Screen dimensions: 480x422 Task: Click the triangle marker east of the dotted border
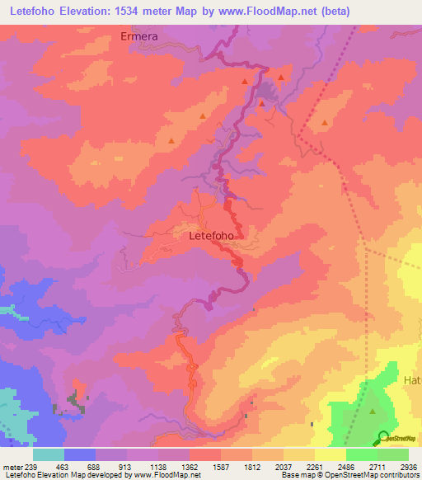click(324, 123)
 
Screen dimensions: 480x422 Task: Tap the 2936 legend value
click(408, 467)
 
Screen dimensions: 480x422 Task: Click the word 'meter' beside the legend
click(12, 467)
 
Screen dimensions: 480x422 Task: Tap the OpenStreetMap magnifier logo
click(383, 437)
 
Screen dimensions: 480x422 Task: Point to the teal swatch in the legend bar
click(49, 454)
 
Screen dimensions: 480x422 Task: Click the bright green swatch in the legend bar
click(361, 454)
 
